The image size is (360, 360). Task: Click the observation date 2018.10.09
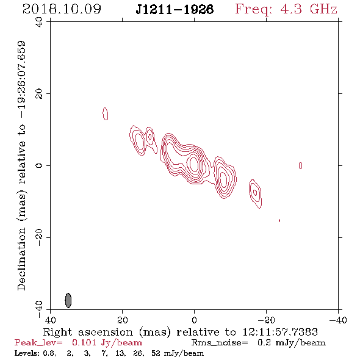click(62, 9)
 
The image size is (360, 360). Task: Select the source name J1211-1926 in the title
click(175, 10)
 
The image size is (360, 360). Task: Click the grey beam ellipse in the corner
click(68, 300)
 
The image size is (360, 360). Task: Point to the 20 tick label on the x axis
click(122, 320)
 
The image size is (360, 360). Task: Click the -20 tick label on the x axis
click(266, 320)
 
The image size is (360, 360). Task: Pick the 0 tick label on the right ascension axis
click(194, 320)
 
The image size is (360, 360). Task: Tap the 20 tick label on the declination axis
click(39, 94)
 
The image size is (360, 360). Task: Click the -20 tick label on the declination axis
click(39, 237)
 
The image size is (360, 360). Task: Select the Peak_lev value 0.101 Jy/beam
click(107, 343)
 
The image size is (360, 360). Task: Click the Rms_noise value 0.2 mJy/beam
click(292, 343)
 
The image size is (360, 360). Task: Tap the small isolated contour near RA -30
click(301, 165)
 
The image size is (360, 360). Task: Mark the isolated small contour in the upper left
click(106, 113)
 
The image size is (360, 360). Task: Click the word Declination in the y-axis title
click(21, 259)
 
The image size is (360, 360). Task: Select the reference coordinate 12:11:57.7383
click(280, 332)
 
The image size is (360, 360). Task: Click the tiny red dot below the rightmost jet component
click(279, 220)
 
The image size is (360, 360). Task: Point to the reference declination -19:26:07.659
click(21, 79)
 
